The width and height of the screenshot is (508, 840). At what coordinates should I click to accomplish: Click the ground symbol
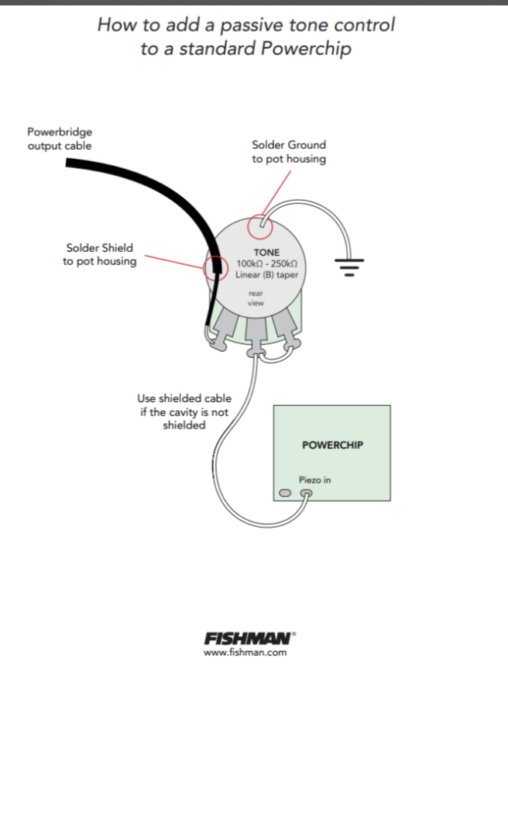349,267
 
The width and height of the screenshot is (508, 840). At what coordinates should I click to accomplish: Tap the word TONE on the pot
266,253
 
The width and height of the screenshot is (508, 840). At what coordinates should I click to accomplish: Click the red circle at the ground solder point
261,227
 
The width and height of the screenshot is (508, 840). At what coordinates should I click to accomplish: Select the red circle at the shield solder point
215,268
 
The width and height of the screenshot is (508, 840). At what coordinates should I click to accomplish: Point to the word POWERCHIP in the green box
332,445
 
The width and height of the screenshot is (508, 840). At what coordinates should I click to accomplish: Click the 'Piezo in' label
314,480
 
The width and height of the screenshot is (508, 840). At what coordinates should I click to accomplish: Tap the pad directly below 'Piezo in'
307,494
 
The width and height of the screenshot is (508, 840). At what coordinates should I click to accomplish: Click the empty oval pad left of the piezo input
285,494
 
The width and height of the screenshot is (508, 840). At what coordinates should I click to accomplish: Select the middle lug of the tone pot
254,333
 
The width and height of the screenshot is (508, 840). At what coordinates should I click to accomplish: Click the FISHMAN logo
249,639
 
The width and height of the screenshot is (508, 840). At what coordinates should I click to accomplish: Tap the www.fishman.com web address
245,652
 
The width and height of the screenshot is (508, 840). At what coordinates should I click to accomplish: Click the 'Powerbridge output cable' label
60,139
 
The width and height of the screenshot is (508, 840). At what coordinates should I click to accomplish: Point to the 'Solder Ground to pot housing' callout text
289,151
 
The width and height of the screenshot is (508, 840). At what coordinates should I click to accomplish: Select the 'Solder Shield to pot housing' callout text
99,254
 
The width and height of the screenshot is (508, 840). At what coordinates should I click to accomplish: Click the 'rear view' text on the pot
256,298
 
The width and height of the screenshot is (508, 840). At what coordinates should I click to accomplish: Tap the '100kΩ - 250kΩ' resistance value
266,263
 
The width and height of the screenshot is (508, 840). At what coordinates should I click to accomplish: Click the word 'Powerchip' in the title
306,48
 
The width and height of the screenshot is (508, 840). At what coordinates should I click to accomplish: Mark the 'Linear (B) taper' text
266,274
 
